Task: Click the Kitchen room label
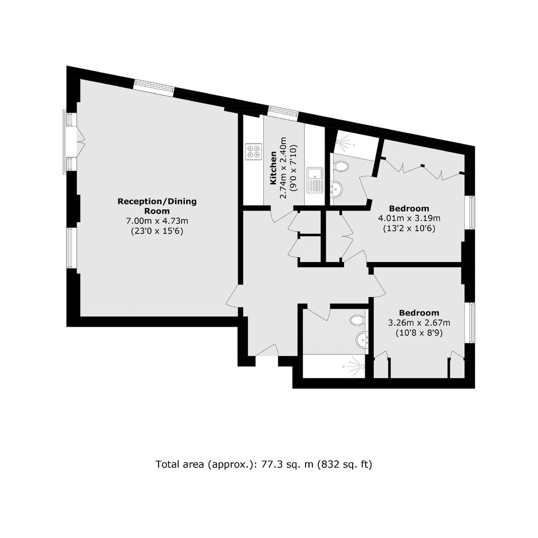click(x=274, y=168)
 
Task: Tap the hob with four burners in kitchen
click(x=254, y=151)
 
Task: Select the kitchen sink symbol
click(x=315, y=180)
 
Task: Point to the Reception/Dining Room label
click(x=157, y=206)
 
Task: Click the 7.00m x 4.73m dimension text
click(x=157, y=220)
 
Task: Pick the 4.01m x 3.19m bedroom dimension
click(x=409, y=218)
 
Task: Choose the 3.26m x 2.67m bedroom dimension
click(x=419, y=323)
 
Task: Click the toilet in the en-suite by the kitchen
click(x=341, y=167)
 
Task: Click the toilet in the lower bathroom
click(x=358, y=320)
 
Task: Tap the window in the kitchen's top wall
click(x=283, y=113)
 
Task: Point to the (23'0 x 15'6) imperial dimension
click(x=157, y=231)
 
